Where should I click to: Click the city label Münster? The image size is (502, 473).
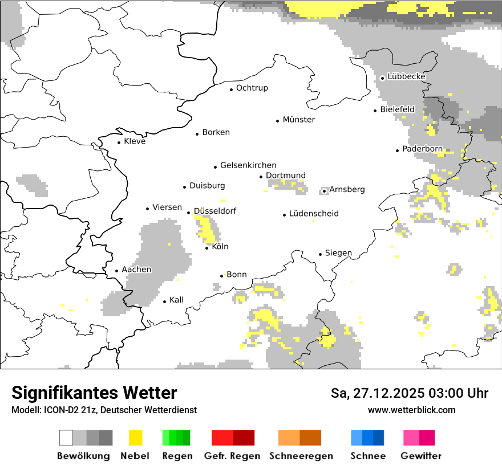pyautogui.click(x=298, y=120)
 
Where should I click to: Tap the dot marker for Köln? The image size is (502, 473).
pyautogui.click(x=207, y=247)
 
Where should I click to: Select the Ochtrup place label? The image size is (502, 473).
pyautogui.click(x=252, y=88)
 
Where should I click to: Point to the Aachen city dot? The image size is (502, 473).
pyautogui.click(x=117, y=271)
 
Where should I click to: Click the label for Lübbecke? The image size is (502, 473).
pyautogui.click(x=406, y=76)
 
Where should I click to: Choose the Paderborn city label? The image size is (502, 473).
pyautogui.click(x=422, y=149)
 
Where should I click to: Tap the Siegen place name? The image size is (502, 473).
pyautogui.click(x=338, y=253)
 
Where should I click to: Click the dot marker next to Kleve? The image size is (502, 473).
pyautogui.click(x=119, y=142)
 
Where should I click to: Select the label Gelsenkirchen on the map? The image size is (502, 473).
pyautogui.click(x=248, y=165)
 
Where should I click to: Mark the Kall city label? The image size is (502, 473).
pyautogui.click(x=176, y=300)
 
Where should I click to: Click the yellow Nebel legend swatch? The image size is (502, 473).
pyautogui.click(x=136, y=438)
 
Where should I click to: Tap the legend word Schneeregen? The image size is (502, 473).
pyautogui.click(x=301, y=456)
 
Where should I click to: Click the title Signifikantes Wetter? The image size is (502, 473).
pyautogui.click(x=94, y=393)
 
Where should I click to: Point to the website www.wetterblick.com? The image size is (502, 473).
pyautogui.click(x=411, y=410)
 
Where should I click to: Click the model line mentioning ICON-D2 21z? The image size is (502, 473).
pyautogui.click(x=104, y=410)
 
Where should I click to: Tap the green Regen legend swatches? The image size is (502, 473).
pyautogui.click(x=176, y=438)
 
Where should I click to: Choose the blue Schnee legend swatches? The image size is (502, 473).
pyautogui.click(x=367, y=438)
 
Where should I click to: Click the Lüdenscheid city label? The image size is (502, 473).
pyautogui.click(x=314, y=214)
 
